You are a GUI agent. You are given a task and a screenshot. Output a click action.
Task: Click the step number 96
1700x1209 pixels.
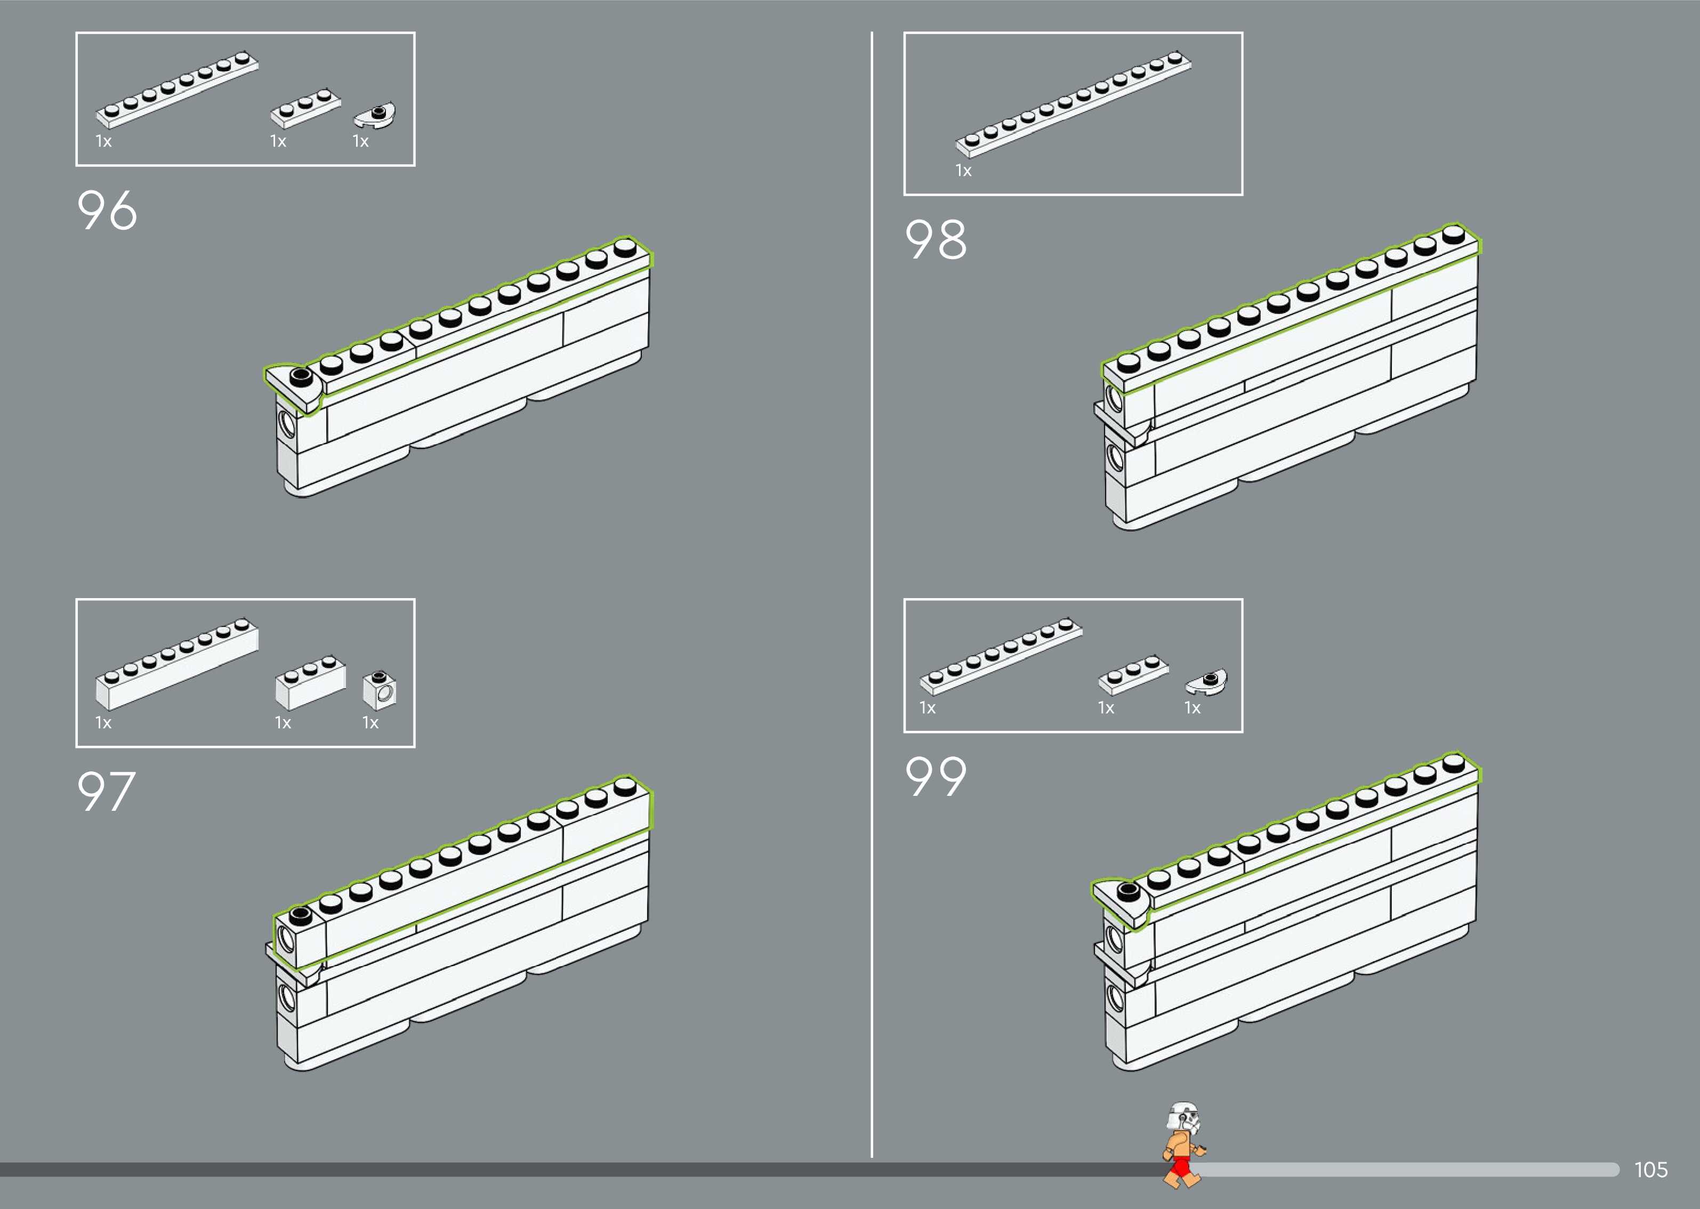click(107, 210)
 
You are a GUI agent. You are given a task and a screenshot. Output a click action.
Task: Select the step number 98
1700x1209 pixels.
click(936, 240)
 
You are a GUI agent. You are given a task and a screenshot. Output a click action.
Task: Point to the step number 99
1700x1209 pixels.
click(936, 777)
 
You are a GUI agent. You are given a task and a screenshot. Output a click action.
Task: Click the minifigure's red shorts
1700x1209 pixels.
click(1180, 1166)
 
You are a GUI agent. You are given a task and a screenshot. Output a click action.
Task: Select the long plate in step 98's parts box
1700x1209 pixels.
click(1073, 104)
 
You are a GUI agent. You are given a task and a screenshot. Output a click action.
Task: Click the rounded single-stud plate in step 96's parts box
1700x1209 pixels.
click(375, 115)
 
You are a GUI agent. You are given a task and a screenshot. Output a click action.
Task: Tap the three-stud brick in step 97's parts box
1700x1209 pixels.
click(310, 681)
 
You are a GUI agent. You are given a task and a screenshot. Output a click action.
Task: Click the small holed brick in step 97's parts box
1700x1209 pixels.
click(380, 690)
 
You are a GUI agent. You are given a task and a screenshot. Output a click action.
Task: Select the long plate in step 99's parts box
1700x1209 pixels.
click(1001, 655)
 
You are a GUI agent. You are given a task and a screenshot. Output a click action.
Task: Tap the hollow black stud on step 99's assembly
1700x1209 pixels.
click(1127, 891)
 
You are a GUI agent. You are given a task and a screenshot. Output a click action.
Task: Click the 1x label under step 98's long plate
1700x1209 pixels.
click(963, 171)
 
